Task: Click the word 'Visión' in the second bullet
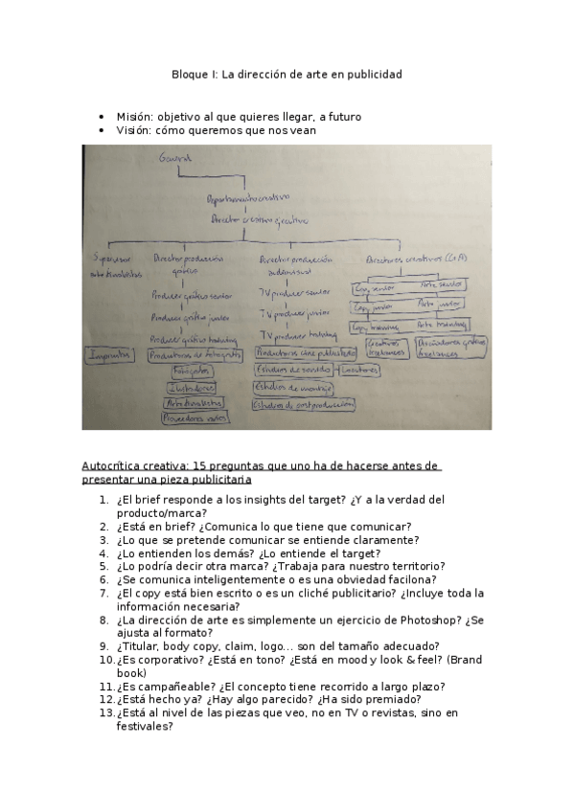pos(134,130)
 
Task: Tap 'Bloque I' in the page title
pos(195,74)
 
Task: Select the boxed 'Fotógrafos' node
pos(192,371)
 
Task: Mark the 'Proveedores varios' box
pos(195,418)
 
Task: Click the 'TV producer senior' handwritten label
pos(297,292)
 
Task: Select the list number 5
pos(103,566)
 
